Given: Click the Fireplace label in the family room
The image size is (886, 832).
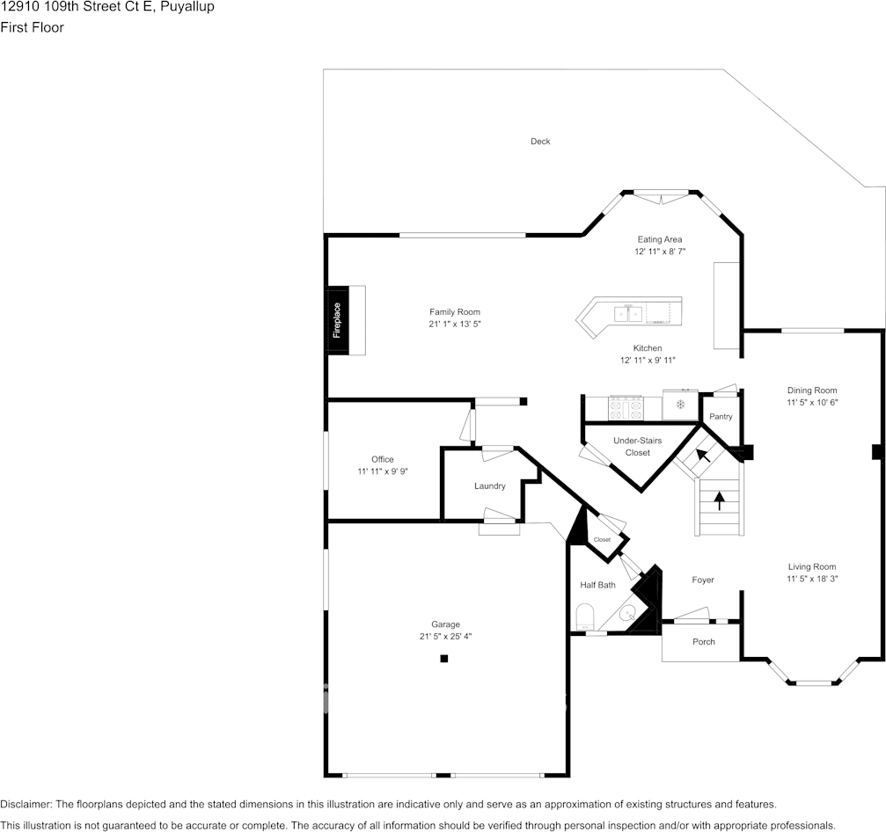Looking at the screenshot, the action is (x=337, y=320).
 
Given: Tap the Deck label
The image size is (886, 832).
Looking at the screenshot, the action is (x=540, y=142).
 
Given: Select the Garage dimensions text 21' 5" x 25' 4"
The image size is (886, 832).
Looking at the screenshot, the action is (x=445, y=637).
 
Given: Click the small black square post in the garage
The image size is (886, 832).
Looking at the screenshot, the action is (x=444, y=659).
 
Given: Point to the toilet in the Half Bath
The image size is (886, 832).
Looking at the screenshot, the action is (x=585, y=617).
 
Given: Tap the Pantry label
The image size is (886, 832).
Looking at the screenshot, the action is (x=721, y=416).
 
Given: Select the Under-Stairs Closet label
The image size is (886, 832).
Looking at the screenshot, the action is (x=637, y=446).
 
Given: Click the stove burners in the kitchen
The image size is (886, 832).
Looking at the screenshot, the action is (x=626, y=408).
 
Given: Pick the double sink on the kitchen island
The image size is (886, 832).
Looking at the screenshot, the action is (x=628, y=313).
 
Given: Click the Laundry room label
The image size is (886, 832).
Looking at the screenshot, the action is (x=489, y=485).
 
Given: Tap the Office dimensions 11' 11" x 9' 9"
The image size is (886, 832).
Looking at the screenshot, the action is (x=383, y=471).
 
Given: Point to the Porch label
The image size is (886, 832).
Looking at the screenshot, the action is (x=704, y=642).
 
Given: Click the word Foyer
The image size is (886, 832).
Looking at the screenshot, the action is (x=703, y=580).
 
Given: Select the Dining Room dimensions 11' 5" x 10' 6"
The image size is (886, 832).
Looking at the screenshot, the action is (x=812, y=403).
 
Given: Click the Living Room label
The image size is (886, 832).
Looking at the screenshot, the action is (x=812, y=567).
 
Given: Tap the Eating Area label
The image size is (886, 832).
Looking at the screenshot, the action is (x=659, y=239).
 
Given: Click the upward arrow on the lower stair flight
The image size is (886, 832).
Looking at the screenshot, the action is (x=720, y=501).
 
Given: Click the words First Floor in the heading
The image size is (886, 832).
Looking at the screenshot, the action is (x=33, y=27).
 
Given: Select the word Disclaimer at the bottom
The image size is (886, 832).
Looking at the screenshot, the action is (x=26, y=805).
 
